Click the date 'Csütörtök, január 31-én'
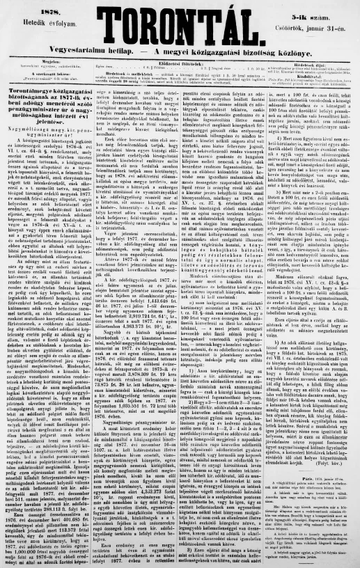(x=324, y=28)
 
